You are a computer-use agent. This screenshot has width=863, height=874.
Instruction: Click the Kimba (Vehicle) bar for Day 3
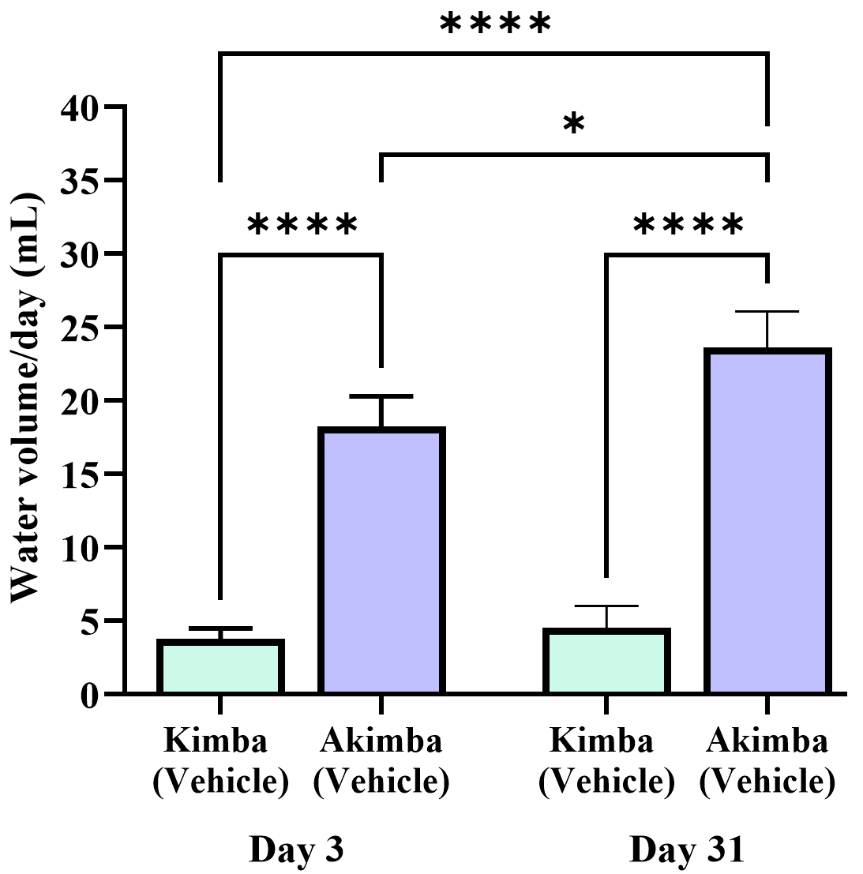pyautogui.click(x=220, y=667)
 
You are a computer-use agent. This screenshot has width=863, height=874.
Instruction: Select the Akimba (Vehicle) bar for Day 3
pyautogui.click(x=381, y=561)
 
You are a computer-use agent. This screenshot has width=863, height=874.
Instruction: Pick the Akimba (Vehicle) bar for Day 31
pyautogui.click(x=767, y=521)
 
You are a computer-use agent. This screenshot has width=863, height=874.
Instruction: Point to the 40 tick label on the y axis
pyautogui.click(x=81, y=107)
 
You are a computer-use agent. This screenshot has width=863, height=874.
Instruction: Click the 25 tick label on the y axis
pyautogui.click(x=81, y=327)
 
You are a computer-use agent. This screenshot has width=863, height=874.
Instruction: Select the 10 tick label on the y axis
pyautogui.click(x=81, y=547)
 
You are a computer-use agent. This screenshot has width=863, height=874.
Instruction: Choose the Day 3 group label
pyautogui.click(x=297, y=851)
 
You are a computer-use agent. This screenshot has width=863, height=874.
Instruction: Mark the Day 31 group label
pyautogui.click(x=687, y=851)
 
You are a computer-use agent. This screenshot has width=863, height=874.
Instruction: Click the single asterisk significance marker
pyautogui.click(x=574, y=125)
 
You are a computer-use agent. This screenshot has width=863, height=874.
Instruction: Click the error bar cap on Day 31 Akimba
pyautogui.click(x=767, y=312)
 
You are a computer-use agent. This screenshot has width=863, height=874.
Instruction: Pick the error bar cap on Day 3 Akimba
pyautogui.click(x=381, y=396)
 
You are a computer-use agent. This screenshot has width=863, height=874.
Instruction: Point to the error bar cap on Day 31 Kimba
pyautogui.click(x=606, y=606)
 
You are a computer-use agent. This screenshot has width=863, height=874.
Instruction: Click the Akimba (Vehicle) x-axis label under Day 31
pyautogui.click(x=767, y=761)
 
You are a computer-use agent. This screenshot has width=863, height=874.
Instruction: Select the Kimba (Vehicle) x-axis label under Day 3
pyautogui.click(x=220, y=761)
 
